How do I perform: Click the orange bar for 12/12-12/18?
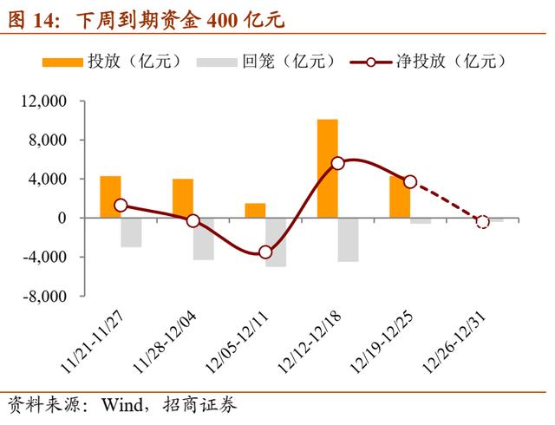pos(327,168)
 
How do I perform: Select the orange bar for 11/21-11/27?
pos(110,197)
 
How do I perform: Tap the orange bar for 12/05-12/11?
pos(255,211)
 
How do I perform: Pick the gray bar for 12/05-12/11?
pos(276,242)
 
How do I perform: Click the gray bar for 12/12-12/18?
pos(348,239)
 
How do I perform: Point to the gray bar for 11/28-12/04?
pos(203,239)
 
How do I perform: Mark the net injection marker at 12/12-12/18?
pos(338,163)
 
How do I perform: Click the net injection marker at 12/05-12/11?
pos(265,252)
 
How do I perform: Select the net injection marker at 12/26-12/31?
pos(483,222)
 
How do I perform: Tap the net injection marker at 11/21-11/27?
pos(121,206)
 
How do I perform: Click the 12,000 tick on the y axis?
pos(42,101)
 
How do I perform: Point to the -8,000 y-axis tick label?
pos(43,297)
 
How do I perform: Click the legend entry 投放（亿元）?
pos(133,62)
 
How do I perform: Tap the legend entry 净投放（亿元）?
pos(450,62)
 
